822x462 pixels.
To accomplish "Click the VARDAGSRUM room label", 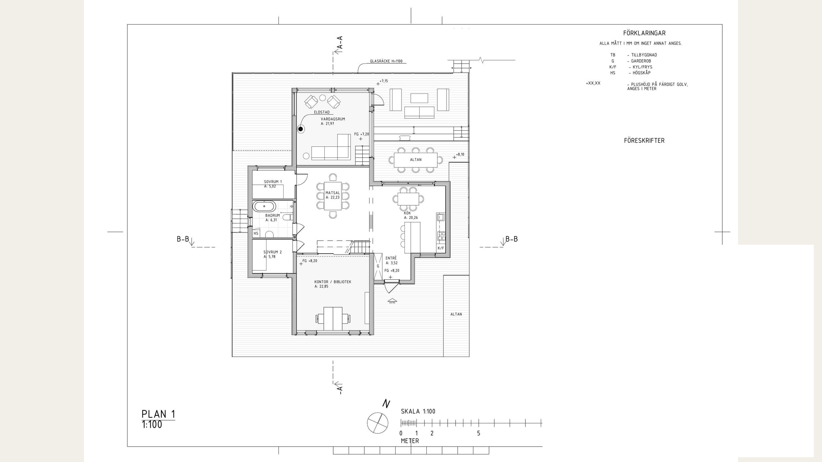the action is [x=333, y=119].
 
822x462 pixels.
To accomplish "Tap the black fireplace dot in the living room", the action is [x=301, y=129].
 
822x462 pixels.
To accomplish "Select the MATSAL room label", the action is [x=333, y=193].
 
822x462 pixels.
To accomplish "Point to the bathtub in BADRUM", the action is [x=264, y=206].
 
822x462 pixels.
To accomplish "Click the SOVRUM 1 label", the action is [x=273, y=182].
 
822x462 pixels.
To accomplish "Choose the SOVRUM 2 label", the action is [x=273, y=252].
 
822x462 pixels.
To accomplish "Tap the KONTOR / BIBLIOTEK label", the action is [x=333, y=282].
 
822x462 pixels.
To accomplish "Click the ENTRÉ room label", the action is [x=391, y=258].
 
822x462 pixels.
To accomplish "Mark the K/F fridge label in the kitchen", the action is [x=440, y=248].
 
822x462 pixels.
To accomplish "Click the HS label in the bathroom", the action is [x=256, y=233].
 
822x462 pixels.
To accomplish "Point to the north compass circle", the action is [x=377, y=423].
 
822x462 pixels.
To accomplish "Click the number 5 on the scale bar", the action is [x=478, y=433].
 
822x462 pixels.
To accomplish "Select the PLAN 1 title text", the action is [x=158, y=414].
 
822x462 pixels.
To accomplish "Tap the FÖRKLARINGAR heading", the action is [x=644, y=33].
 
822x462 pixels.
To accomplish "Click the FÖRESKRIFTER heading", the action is [x=644, y=141].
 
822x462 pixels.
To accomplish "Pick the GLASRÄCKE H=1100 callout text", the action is [x=386, y=61].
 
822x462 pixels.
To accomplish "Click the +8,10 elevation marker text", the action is [x=460, y=155].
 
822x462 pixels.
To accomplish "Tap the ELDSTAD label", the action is [x=322, y=112].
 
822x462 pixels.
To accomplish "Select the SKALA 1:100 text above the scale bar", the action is [x=418, y=411].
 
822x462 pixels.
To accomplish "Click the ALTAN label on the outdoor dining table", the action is [x=416, y=160].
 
